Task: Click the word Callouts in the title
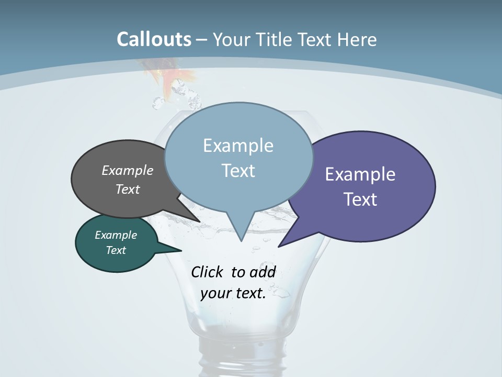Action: click(154, 39)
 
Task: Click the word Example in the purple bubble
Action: click(360, 174)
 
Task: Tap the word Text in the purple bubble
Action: click(360, 199)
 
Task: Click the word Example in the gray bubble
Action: click(128, 170)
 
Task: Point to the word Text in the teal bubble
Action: click(116, 250)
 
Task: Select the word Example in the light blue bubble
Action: click(238, 146)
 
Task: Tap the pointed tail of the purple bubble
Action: click(282, 243)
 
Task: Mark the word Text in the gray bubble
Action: click(128, 189)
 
